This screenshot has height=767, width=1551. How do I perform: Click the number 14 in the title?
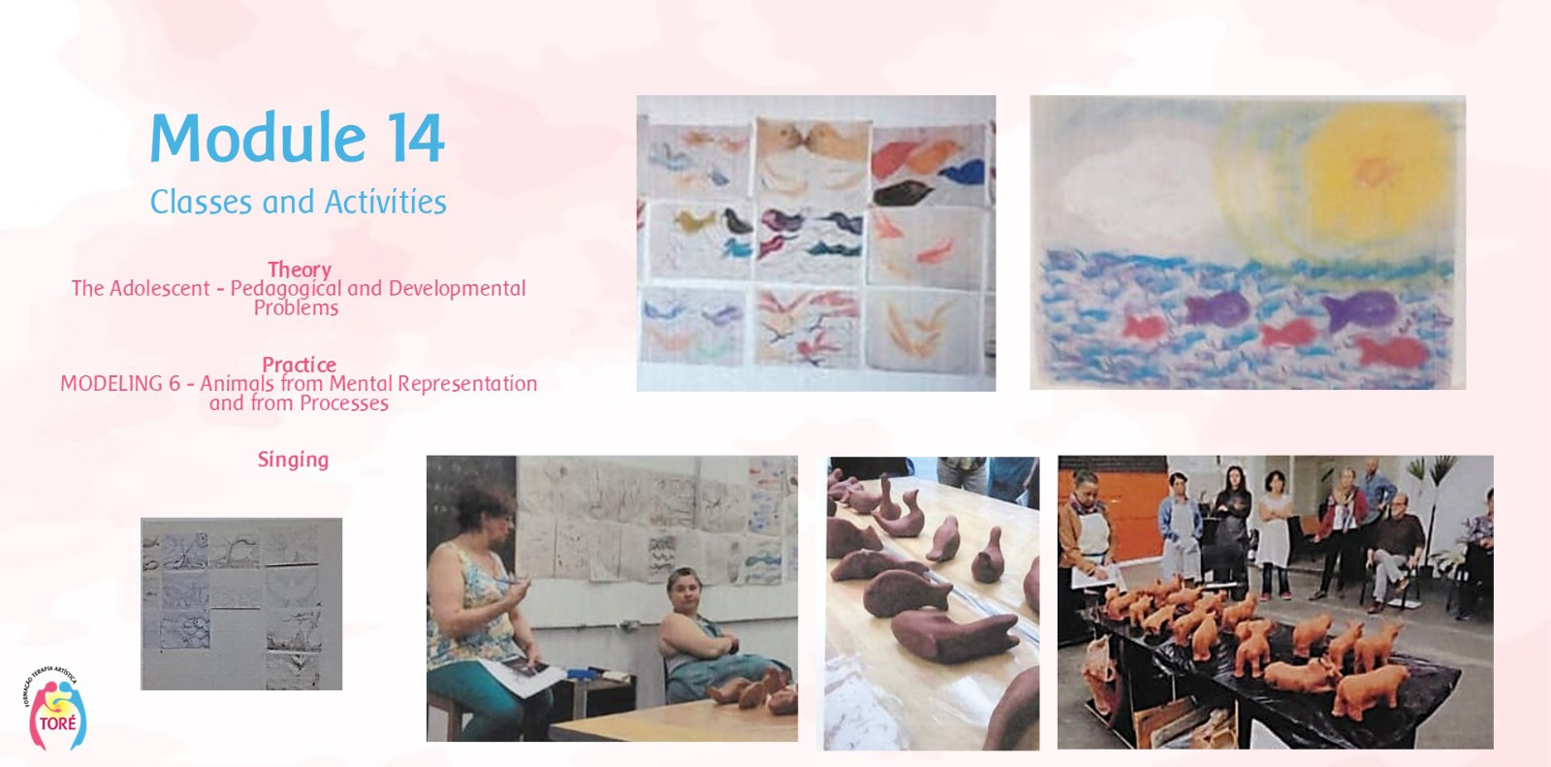pyautogui.click(x=415, y=139)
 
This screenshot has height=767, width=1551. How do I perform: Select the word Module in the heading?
pyautogui.click(x=258, y=137)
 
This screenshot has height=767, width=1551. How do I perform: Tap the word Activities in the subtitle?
pyautogui.click(x=386, y=203)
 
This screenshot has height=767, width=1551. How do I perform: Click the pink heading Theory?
pyautogui.click(x=300, y=270)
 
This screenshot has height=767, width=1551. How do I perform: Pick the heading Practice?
pyautogui.click(x=300, y=365)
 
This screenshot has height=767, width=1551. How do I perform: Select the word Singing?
pyautogui.click(x=293, y=460)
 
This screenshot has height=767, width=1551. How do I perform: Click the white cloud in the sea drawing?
pyautogui.click(x=1135, y=181)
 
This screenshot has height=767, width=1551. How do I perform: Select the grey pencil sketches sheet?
pyautogui.click(x=241, y=603)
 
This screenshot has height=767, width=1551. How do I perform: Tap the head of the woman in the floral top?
pyautogui.click(x=486, y=514)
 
